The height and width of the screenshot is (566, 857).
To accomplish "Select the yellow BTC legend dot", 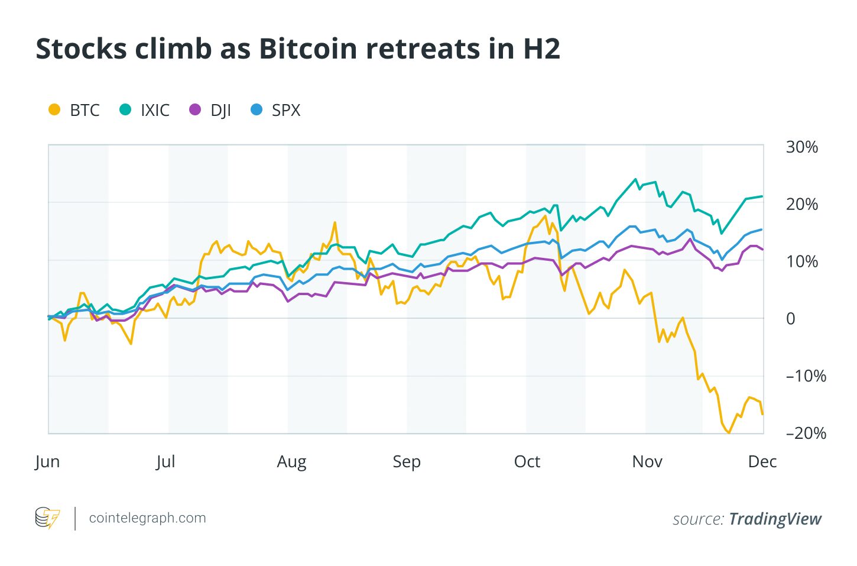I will pos(54,109).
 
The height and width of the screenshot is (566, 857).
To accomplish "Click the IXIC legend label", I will pos(155,110).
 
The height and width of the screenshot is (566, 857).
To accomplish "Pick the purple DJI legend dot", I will pos(195,109).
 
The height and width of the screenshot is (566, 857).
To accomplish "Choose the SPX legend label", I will pos(286,110).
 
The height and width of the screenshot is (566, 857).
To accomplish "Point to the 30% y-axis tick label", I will pos(801,147).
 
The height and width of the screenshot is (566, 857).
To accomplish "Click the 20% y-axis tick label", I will pos(801,204).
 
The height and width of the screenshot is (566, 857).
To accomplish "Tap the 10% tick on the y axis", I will pos(801,261).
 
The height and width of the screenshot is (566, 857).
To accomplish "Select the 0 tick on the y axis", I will pos(790,319).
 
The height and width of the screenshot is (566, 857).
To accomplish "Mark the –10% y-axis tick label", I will pos(806,376).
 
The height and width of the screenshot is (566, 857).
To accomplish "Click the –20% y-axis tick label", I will pos(806,433).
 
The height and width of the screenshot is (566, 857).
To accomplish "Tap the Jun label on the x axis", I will pos(47,461).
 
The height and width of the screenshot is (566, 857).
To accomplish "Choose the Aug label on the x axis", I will pos(291,461).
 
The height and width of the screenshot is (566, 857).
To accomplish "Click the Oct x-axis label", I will pos(527,461).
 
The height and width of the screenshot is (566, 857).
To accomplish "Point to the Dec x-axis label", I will pos(762,461).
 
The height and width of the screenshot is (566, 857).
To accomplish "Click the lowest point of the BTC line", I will pos(729,433).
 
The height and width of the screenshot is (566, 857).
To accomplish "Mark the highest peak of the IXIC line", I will pos(636,179).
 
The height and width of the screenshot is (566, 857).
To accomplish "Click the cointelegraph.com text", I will pos(147,518).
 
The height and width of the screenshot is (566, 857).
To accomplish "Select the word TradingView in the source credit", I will pos(775,519).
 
